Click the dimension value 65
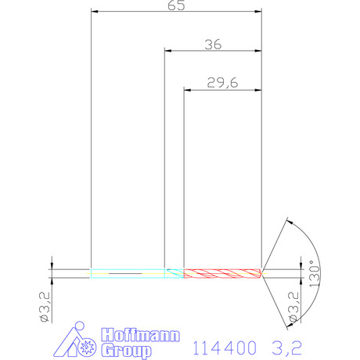(x=176, y=5)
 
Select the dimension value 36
(x=213, y=45)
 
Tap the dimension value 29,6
(x=222, y=83)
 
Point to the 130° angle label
(x=315, y=273)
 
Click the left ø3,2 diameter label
(x=45, y=307)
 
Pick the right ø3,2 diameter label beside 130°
(x=293, y=307)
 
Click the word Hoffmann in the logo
(x=141, y=335)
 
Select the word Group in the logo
(x=127, y=351)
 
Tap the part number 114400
(x=225, y=348)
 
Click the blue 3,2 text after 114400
(x=287, y=348)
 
